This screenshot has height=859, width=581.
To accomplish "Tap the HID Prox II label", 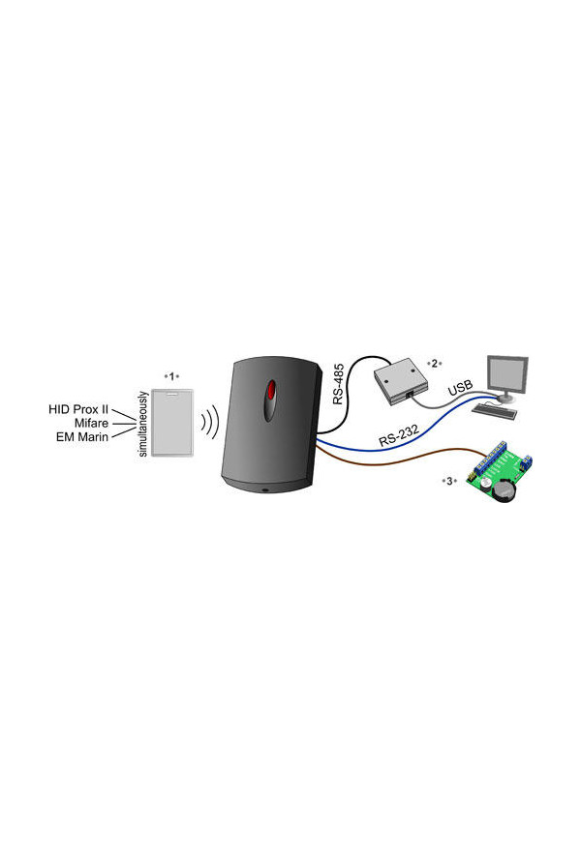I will tap(76, 409).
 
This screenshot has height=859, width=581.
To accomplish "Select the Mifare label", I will tap(90, 423).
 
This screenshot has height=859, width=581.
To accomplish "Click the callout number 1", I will tap(172, 374).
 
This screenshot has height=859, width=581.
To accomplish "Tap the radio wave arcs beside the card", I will tap(210, 423).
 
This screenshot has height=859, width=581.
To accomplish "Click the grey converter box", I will tap(394, 381).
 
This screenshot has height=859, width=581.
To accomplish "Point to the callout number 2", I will tap(436, 364).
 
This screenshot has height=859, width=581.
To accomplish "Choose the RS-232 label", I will tap(399, 434).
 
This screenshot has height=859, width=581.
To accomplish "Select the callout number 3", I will tap(447, 481).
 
